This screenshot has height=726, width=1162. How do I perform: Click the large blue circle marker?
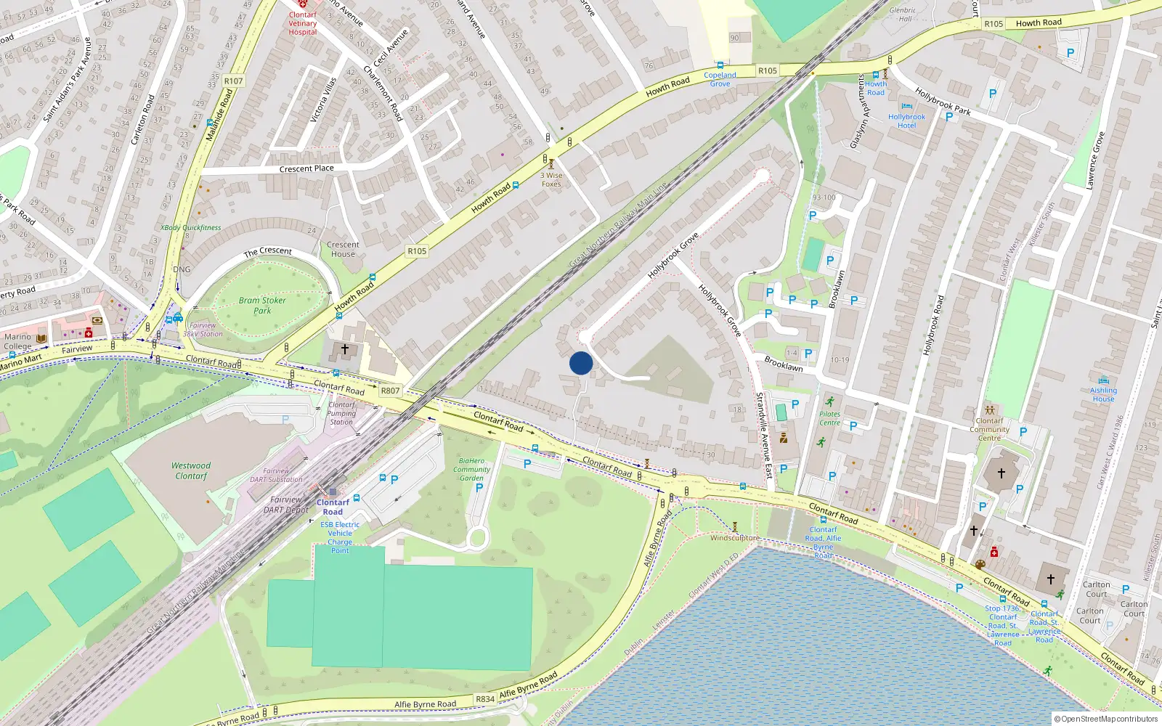(x=581, y=363)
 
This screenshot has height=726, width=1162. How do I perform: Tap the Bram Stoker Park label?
(x=262, y=305)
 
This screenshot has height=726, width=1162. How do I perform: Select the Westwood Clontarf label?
(x=191, y=470)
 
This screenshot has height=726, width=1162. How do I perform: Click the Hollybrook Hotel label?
(x=906, y=121)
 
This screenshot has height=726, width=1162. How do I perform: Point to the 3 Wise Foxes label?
(x=551, y=179)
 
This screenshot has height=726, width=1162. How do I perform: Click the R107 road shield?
(x=234, y=81)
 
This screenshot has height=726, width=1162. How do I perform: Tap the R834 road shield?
(x=485, y=699)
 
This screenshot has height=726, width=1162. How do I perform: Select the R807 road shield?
(x=390, y=391)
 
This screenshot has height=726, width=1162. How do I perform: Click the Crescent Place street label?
(x=306, y=168)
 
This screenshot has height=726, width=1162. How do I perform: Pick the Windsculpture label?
(x=734, y=538)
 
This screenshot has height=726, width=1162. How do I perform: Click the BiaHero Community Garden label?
(x=471, y=469)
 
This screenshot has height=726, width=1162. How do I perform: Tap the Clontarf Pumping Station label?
(x=341, y=413)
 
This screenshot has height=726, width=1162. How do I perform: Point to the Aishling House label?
(x=1103, y=394)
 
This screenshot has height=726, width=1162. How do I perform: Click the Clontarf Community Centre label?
(x=989, y=429)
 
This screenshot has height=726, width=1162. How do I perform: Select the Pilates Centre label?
(x=829, y=418)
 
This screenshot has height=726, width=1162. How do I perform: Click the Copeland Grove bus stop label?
(x=720, y=79)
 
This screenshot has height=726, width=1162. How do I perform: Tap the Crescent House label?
(x=343, y=249)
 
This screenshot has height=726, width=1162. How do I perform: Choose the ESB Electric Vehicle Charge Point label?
(x=340, y=537)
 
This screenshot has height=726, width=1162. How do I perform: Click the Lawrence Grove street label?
(x=1095, y=161)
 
